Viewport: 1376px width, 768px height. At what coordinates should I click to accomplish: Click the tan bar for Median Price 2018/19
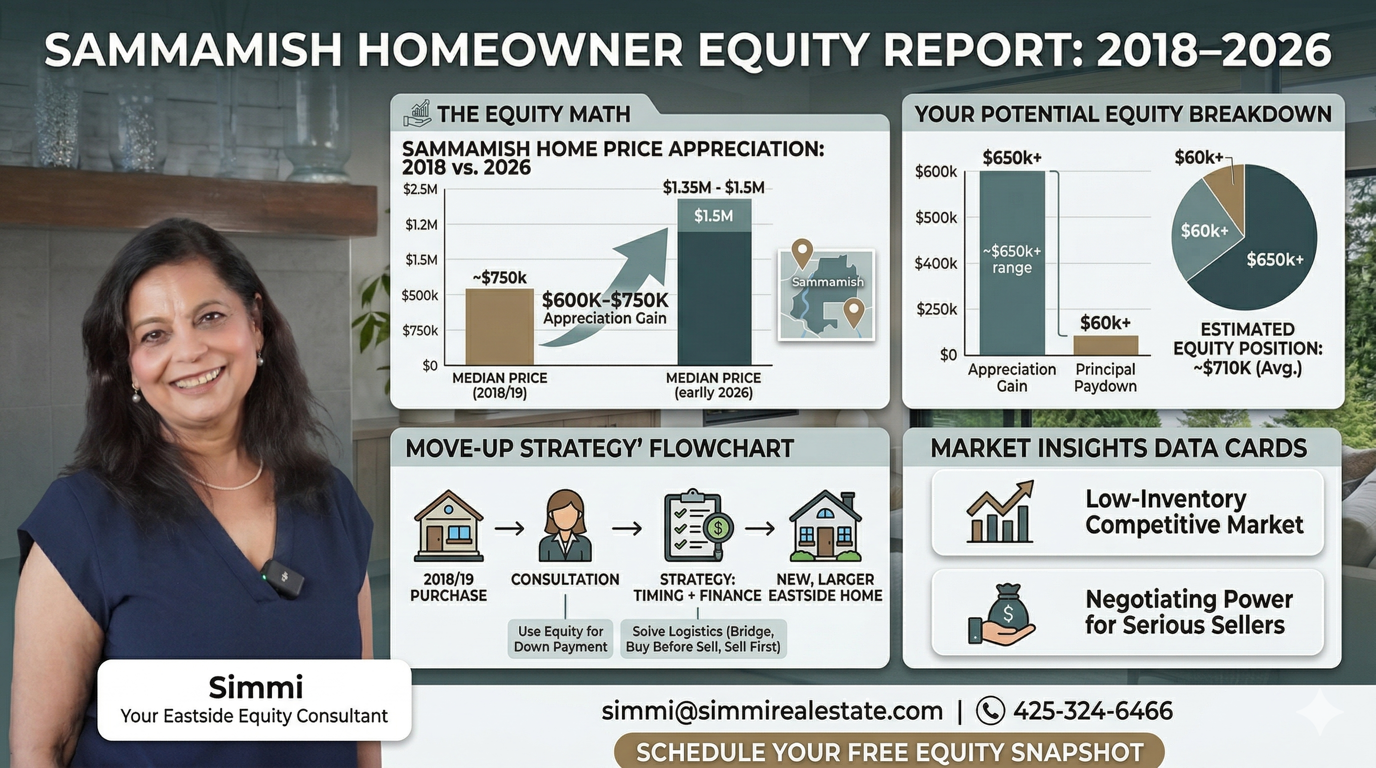[499, 327]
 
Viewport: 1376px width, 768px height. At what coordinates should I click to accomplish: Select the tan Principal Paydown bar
[1105, 345]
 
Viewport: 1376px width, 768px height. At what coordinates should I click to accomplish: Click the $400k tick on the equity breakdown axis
[936, 263]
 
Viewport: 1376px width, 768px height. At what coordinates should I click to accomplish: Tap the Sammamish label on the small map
[827, 282]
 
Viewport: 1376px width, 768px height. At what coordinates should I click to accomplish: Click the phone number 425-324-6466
[1092, 711]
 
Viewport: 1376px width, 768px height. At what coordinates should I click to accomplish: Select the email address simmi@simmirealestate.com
[772, 711]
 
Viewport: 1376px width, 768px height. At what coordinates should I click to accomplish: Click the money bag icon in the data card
[1002, 614]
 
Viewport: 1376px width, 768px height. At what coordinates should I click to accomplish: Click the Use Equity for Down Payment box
[560, 639]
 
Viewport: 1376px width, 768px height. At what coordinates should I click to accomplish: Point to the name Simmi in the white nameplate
[255, 687]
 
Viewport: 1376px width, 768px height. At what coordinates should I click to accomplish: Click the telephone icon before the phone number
[990, 711]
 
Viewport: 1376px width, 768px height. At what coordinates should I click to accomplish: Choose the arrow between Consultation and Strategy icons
[626, 528]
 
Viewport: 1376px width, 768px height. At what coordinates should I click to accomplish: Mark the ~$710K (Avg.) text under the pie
[1248, 368]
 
